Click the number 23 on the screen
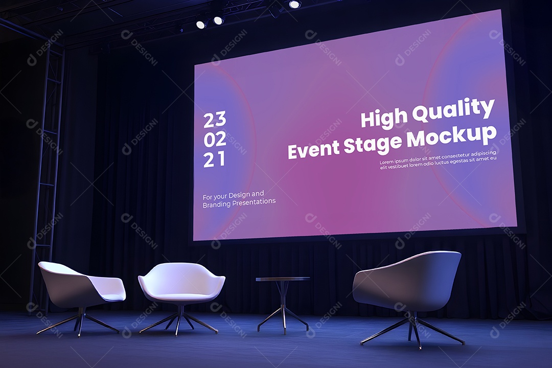(x=215, y=120)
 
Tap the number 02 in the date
(x=215, y=140)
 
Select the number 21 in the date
(x=215, y=160)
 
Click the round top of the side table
(x=283, y=279)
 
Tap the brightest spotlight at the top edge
(x=294, y=4)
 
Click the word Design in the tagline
(x=239, y=194)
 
